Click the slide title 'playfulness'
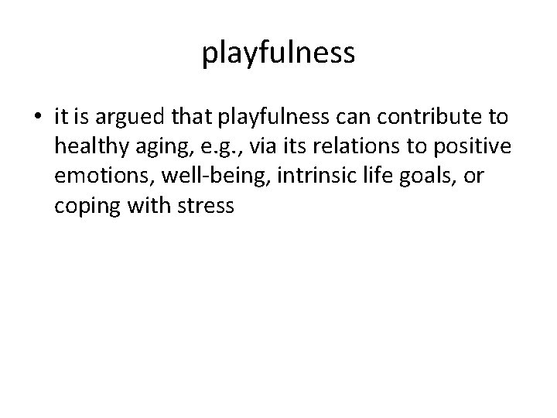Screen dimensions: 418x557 pos(278,53)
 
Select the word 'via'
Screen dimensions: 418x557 pos(258,148)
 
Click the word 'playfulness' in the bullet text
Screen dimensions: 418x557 pos(261,118)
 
